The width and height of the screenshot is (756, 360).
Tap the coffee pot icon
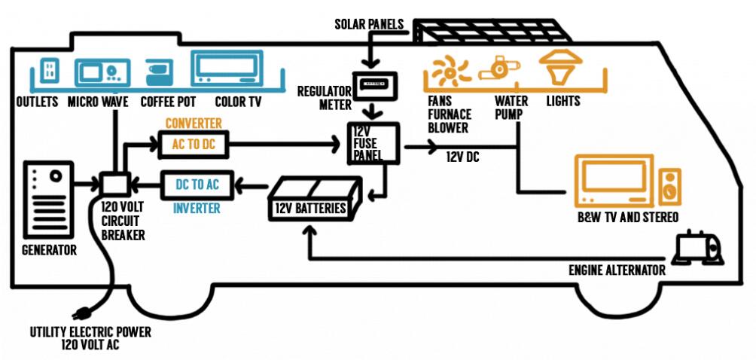(160, 72)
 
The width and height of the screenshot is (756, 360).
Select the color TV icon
(227, 69)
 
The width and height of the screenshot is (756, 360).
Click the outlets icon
(50, 72)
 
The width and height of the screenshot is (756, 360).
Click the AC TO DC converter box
(194, 144)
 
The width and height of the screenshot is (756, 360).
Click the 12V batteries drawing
(315, 197)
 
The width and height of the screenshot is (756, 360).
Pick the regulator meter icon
(369, 85)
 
